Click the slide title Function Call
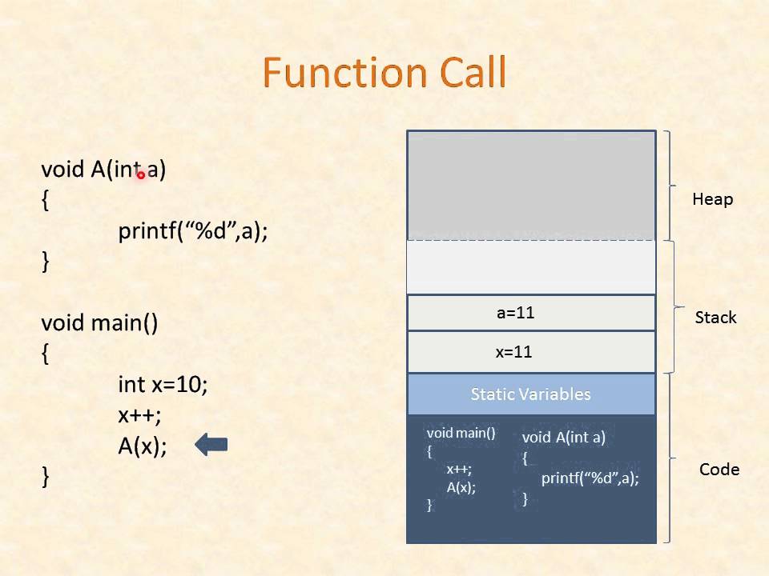(x=384, y=74)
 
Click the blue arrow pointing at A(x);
(x=211, y=445)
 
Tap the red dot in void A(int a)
(x=140, y=174)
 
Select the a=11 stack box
(x=530, y=313)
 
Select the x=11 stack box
(x=530, y=352)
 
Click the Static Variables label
(x=530, y=394)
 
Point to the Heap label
(x=712, y=199)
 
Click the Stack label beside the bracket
(x=715, y=318)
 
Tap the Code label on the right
(x=719, y=470)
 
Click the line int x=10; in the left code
(x=163, y=385)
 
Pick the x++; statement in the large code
(x=139, y=415)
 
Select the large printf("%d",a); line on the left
(x=193, y=231)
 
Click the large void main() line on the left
(x=99, y=323)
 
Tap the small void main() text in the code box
(x=461, y=433)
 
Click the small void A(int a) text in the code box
(x=563, y=438)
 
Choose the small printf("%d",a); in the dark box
(x=590, y=478)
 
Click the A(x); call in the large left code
(x=143, y=446)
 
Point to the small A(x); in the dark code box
(x=461, y=487)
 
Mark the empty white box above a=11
(x=530, y=267)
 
